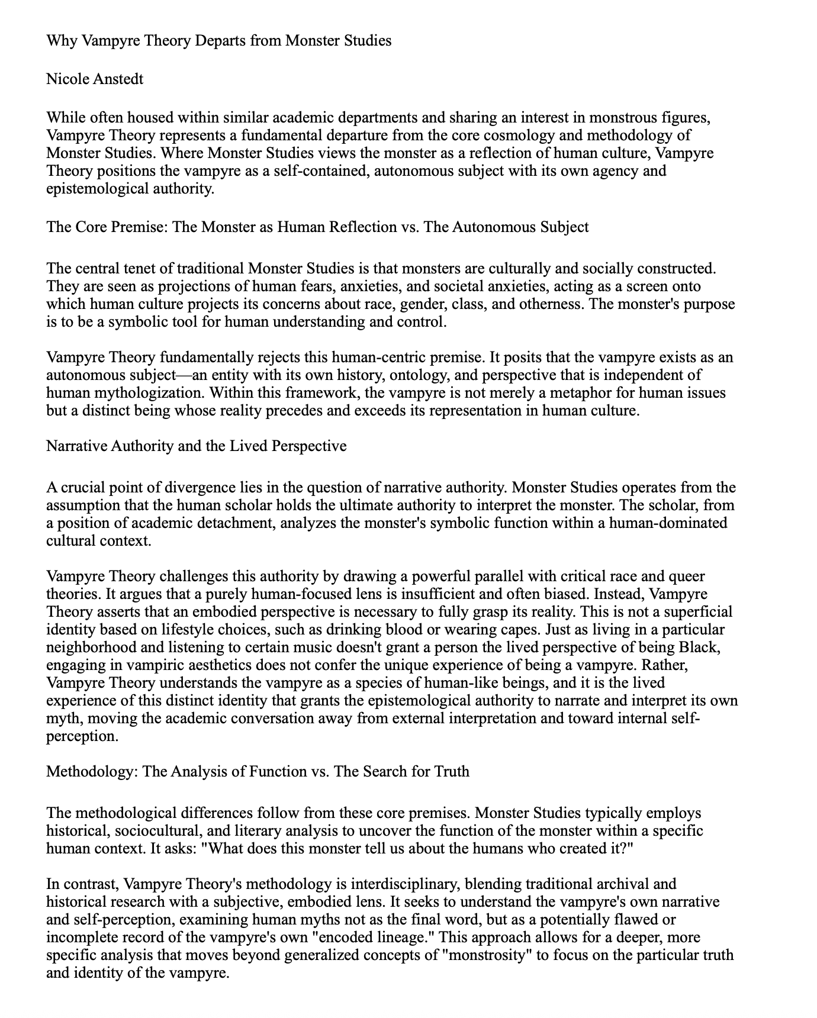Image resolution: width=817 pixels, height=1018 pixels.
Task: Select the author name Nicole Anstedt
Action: tap(95, 79)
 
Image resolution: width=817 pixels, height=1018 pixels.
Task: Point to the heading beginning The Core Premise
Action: tap(317, 227)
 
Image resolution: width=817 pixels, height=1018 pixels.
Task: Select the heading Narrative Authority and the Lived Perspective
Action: tap(196, 446)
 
